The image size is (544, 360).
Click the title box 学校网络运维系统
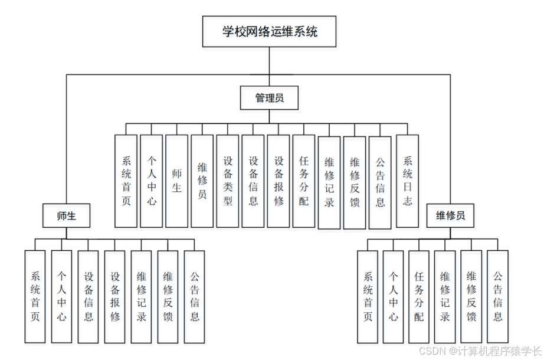point(270,32)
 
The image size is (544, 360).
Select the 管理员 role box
point(269,98)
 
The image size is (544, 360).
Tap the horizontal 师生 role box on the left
point(66,215)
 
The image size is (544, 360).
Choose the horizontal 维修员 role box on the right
point(450,215)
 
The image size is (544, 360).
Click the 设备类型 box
point(227,181)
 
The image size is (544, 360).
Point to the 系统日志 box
point(407,181)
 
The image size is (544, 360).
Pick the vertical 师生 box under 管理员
point(176,181)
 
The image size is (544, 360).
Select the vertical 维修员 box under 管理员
point(202,181)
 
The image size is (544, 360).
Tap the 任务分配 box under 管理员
point(303,181)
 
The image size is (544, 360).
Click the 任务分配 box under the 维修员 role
point(419,296)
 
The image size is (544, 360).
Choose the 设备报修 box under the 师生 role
point(114,296)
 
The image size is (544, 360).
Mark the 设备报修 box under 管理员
point(278,181)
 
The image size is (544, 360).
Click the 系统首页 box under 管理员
point(126,181)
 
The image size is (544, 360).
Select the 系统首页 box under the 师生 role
point(35,296)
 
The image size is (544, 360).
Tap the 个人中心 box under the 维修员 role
point(393,296)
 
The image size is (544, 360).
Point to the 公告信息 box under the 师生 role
point(194,296)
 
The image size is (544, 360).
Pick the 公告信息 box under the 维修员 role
point(497,296)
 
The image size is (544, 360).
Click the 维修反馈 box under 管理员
point(355,182)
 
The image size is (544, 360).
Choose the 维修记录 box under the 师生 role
point(141,296)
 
